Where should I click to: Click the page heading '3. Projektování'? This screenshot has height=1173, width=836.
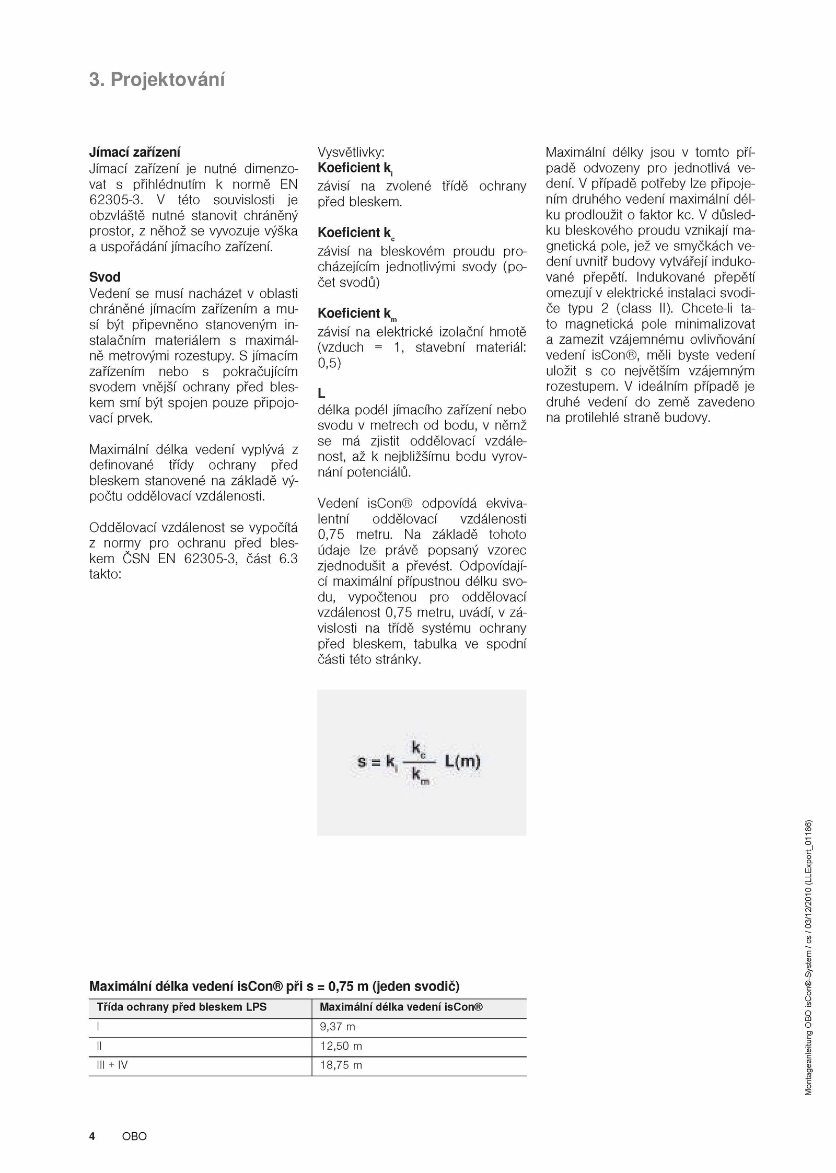pyautogui.click(x=157, y=80)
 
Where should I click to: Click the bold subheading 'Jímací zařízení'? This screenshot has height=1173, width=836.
pyautogui.click(x=134, y=152)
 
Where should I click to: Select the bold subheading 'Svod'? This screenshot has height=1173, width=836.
pyautogui.click(x=104, y=277)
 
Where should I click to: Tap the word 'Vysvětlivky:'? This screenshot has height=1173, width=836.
pyautogui.click(x=351, y=152)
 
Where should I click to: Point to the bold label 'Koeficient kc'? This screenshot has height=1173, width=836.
pyautogui.click(x=356, y=233)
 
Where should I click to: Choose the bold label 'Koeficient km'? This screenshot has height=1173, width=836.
pyautogui.click(x=357, y=313)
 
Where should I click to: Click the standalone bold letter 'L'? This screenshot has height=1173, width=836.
pyautogui.click(x=321, y=393)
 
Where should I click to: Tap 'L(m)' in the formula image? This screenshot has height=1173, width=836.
pyautogui.click(x=462, y=761)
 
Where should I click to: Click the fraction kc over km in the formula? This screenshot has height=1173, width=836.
pyautogui.click(x=419, y=762)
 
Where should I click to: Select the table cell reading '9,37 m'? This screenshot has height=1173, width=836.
pyautogui.click(x=337, y=1027)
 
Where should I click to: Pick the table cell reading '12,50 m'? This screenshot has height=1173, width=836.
pyautogui.click(x=341, y=1046)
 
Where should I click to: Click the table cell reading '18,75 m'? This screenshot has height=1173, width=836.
pyautogui.click(x=341, y=1065)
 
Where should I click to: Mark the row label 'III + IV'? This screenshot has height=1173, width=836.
pyautogui.click(x=112, y=1065)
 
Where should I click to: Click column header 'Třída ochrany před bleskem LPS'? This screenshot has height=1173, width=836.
pyautogui.click(x=181, y=1007)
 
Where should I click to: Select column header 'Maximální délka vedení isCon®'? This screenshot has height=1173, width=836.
pyautogui.click(x=401, y=1007)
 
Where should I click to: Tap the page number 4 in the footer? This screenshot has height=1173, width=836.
pyautogui.click(x=92, y=1136)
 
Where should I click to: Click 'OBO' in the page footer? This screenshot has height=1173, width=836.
pyautogui.click(x=134, y=1136)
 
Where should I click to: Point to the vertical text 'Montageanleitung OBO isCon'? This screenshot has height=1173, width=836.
pyautogui.click(x=808, y=1040)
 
